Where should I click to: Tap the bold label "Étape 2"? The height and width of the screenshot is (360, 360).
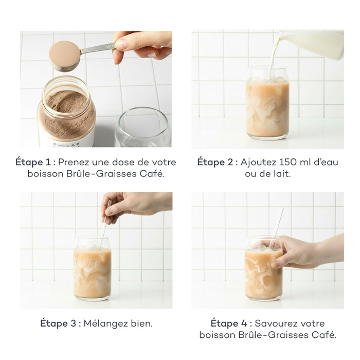point(217,162)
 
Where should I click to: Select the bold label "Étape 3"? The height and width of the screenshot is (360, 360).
point(60,323)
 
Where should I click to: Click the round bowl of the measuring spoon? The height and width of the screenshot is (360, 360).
point(64,55)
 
